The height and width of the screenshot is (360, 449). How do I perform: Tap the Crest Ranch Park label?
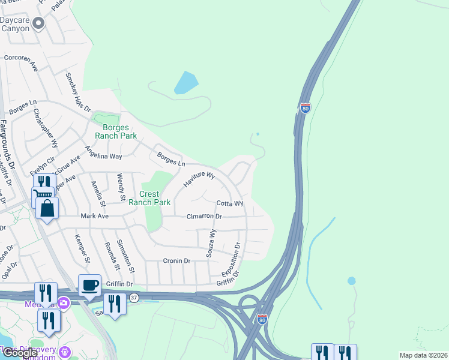[146, 198]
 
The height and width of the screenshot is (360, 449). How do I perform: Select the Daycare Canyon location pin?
[38, 24]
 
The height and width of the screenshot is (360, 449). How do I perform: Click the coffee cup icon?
[89, 285]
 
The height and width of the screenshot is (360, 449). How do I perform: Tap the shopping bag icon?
[47, 209]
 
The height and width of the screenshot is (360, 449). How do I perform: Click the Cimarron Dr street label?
[204, 216]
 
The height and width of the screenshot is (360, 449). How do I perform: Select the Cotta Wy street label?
[229, 203]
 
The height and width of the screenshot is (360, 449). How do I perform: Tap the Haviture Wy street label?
[199, 179]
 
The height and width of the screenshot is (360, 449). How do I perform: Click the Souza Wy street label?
[211, 243]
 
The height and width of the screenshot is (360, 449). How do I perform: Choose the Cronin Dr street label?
[176, 261]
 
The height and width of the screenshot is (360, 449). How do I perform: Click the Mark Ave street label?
[95, 216]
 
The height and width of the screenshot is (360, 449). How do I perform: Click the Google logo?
[20, 353]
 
